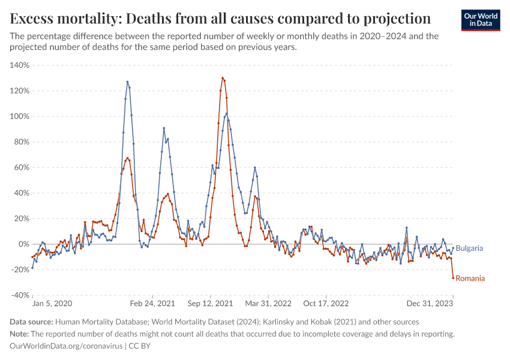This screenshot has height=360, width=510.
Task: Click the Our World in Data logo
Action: pos(481,19)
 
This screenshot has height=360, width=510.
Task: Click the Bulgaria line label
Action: pos(469,248)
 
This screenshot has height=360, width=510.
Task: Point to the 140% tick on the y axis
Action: pos(20,65)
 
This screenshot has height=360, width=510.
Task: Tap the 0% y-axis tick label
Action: pos(23,244)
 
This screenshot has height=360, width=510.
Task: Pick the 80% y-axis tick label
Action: pos(22,142)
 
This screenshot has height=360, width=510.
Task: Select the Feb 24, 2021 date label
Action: pos(152,304)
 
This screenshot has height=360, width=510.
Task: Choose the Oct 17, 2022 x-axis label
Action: pos(326,304)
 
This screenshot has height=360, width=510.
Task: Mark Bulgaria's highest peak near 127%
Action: pos(127,82)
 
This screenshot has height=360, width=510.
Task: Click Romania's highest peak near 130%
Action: pos(223,78)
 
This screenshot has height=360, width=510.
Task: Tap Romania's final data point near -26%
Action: pos(453,278)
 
